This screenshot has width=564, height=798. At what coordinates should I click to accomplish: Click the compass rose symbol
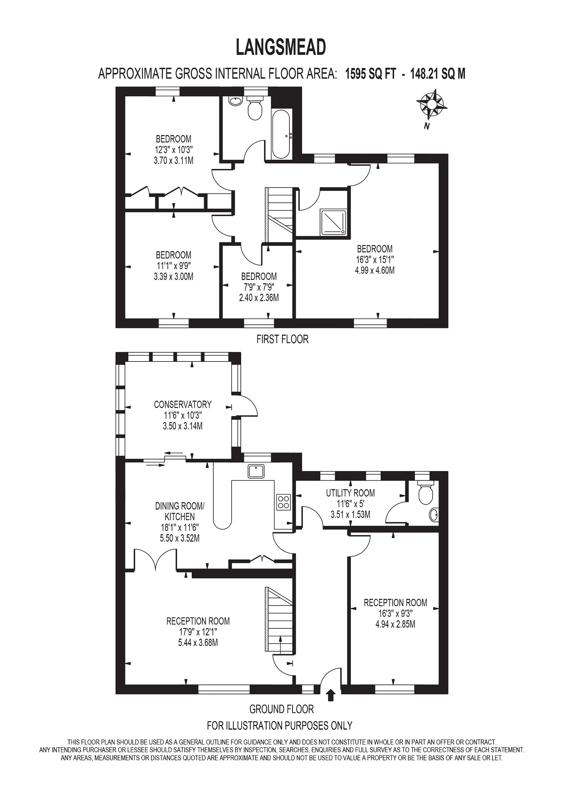432,105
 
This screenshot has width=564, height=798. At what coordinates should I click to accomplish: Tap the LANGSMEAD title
281,47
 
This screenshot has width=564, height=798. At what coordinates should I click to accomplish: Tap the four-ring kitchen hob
283,501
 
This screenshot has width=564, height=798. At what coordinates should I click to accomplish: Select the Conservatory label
183,404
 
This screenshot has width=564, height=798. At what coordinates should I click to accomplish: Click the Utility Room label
350,493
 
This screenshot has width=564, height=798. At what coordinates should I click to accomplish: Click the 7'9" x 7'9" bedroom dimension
259,287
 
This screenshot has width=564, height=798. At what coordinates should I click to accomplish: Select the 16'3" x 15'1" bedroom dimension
374,260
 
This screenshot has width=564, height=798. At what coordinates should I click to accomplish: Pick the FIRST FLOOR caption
282,339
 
